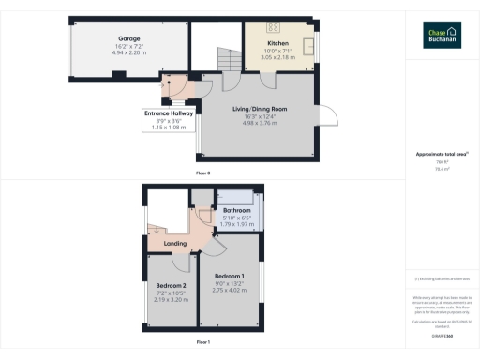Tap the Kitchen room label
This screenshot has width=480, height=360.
pyautogui.click(x=277, y=43)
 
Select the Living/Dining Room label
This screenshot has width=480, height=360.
pyautogui.click(x=260, y=109)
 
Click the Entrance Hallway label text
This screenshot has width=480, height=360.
pyautogui.click(x=168, y=113)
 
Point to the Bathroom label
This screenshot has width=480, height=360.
pyautogui.click(x=236, y=211)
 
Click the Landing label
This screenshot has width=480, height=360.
pyautogui.click(x=175, y=244)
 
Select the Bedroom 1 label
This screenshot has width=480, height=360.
pyautogui.click(x=230, y=277)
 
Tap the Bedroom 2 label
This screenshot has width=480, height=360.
pyautogui.click(x=171, y=285)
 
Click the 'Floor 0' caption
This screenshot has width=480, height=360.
pyautogui.click(x=202, y=174)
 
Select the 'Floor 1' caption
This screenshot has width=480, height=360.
pyautogui.click(x=202, y=342)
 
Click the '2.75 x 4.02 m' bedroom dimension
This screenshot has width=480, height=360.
pyautogui.click(x=230, y=291)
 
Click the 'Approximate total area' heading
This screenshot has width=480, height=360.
pyautogui.click(x=441, y=154)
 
